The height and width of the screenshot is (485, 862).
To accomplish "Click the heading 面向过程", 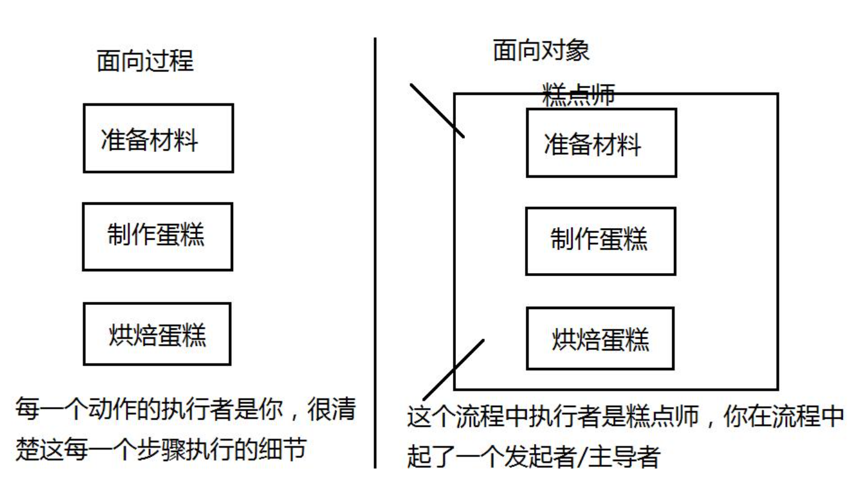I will tap(145, 61).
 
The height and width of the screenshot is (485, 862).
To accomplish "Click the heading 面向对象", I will tap(541, 50).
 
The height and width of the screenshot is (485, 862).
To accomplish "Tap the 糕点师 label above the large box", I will tap(578, 94).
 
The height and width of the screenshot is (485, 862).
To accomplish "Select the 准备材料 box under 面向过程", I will tap(158, 138).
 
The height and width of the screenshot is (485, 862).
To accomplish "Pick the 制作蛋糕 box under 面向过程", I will tap(157, 236).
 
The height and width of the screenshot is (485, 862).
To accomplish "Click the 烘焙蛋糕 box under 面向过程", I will tap(157, 334).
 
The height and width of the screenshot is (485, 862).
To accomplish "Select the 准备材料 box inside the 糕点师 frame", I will tap(601, 143).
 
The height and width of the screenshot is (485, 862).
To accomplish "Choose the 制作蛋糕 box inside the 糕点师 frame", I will tap(601, 241).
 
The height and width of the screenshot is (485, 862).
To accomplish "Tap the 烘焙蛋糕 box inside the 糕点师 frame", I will tap(600, 339).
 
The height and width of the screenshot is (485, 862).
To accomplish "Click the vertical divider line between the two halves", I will tap(375, 252).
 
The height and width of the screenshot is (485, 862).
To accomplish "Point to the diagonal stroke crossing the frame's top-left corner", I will tap(437, 110).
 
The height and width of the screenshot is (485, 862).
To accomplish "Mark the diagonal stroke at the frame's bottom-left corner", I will tap(454, 370).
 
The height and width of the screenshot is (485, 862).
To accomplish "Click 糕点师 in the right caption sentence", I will tap(652, 417).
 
